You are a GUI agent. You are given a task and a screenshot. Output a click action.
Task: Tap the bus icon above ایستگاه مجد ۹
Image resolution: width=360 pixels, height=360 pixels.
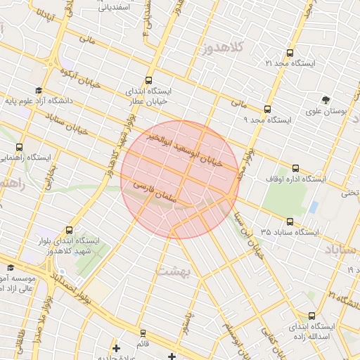[267, 109]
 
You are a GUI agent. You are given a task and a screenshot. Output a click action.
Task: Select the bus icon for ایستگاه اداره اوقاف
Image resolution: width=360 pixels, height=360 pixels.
[295, 168]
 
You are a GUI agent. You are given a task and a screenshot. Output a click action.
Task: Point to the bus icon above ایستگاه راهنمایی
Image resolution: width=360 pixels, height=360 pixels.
[19, 148]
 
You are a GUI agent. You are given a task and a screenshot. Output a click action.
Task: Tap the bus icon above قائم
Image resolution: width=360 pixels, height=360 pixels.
[143, 333]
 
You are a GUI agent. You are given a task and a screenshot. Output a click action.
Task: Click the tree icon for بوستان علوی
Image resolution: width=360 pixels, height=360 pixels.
[326, 100]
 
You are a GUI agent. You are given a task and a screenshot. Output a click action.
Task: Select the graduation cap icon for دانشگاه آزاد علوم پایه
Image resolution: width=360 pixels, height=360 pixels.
[38, 91]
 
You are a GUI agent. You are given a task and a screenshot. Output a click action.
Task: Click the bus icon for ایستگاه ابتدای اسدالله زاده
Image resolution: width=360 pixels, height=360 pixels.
[311, 316]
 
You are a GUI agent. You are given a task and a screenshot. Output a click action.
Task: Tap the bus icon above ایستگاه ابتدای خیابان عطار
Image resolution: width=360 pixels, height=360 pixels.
[148, 80]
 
